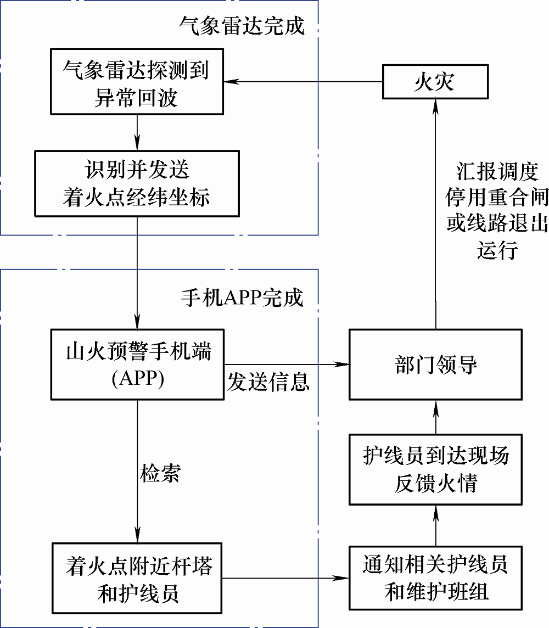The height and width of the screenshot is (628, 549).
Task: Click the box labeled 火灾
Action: point(435,82)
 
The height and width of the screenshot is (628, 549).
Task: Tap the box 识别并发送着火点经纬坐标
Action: point(137,183)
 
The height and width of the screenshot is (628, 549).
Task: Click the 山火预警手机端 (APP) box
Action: point(137,365)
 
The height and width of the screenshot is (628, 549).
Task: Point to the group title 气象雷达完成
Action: point(242,25)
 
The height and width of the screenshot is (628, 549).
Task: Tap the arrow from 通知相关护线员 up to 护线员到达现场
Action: point(436,525)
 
